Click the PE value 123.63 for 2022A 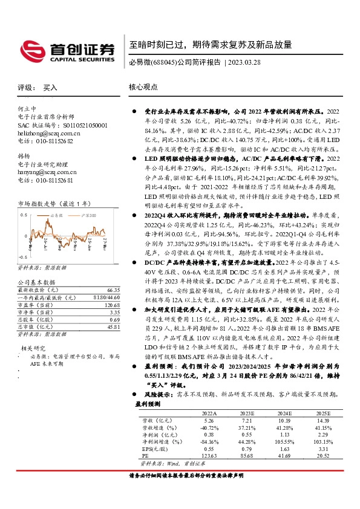(x=208, y=455)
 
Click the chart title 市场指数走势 (x=36, y=204)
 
